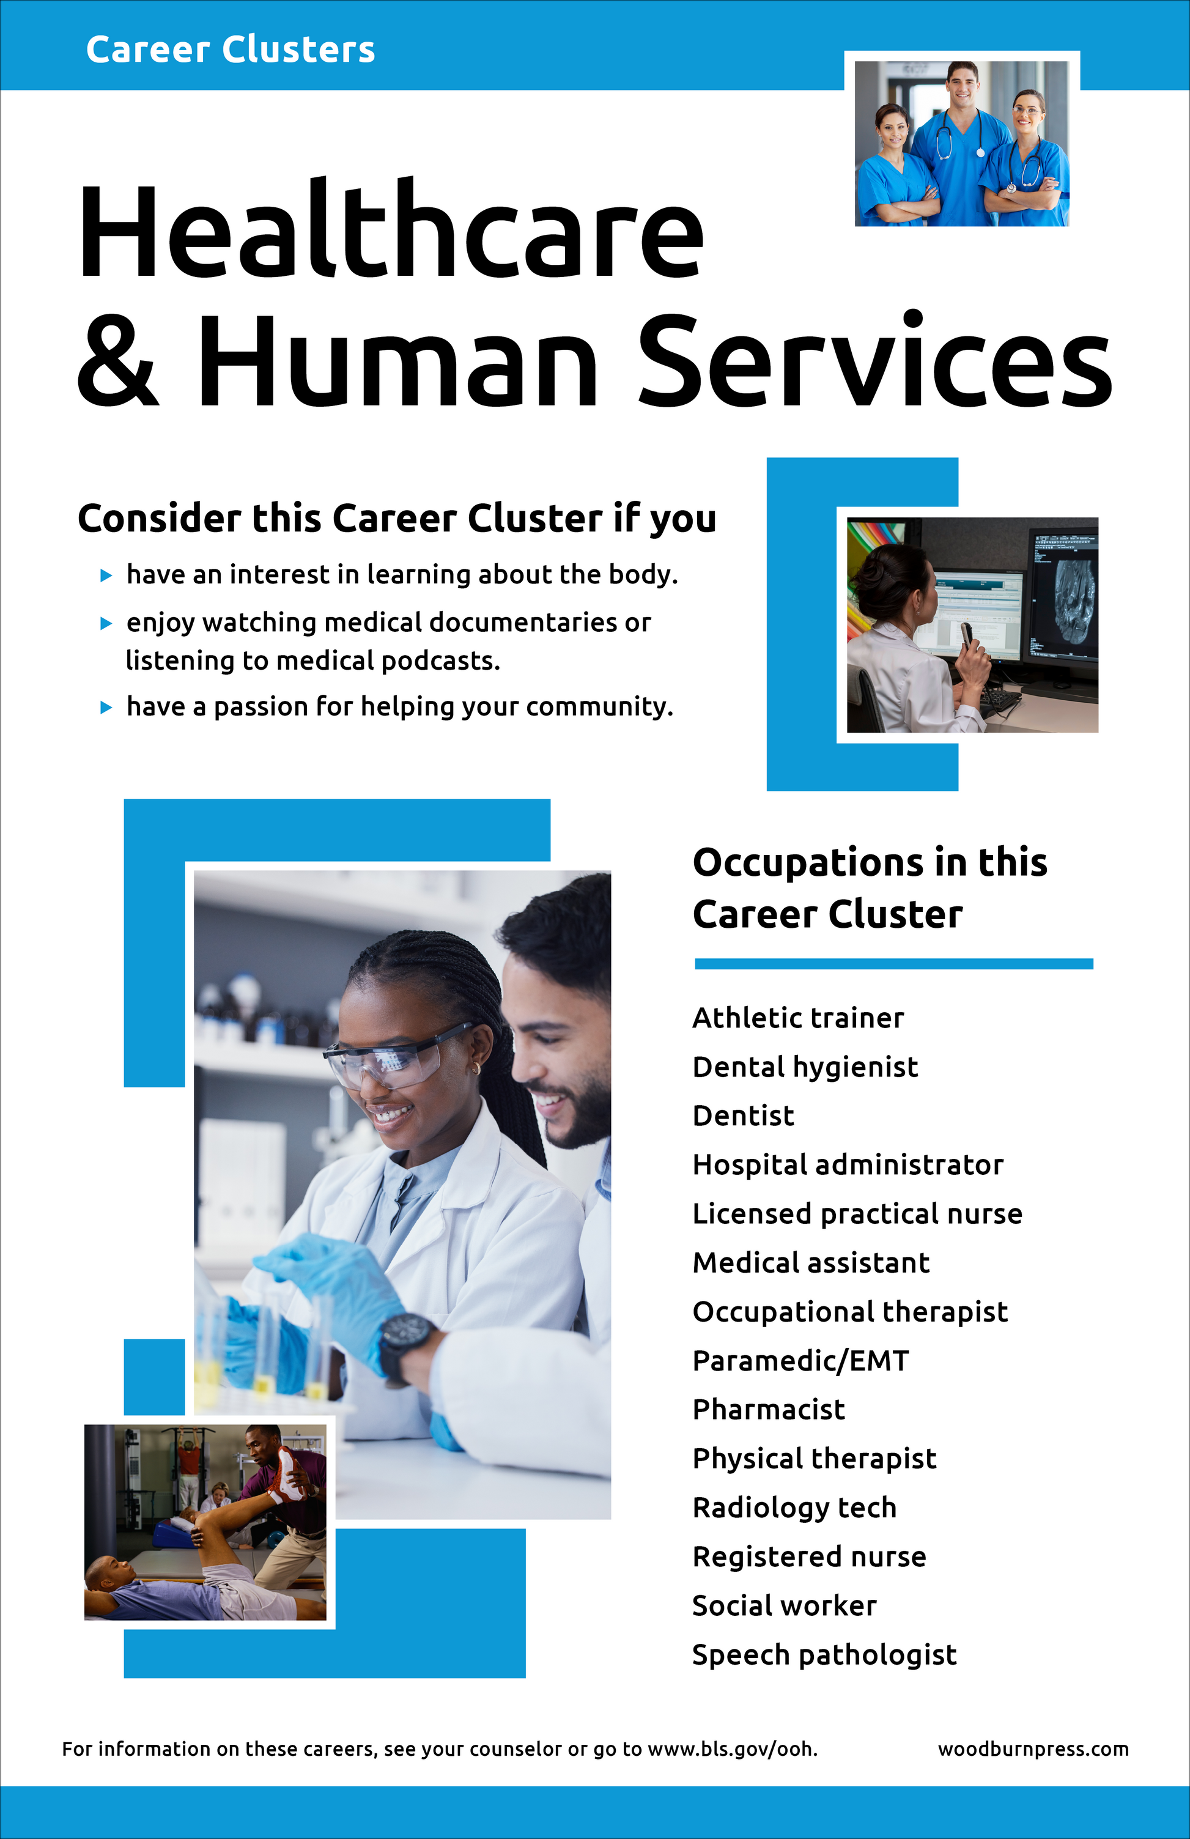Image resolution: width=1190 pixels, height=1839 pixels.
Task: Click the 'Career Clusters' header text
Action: [x=231, y=50]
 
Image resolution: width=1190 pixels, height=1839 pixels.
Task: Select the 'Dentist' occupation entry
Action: [x=742, y=1116]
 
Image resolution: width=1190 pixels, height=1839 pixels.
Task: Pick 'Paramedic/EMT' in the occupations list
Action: [x=800, y=1361]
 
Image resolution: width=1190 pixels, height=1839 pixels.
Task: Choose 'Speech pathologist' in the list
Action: [x=824, y=1654]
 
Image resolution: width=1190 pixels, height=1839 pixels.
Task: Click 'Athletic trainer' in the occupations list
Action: [x=797, y=1018]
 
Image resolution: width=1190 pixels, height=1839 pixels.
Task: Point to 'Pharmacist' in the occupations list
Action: [x=768, y=1410]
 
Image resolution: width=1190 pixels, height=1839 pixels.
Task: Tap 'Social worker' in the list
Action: [x=785, y=1605]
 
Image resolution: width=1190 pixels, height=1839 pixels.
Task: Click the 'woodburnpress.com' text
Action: [x=1032, y=1748]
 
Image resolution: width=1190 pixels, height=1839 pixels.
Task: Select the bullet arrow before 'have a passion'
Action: [x=106, y=707]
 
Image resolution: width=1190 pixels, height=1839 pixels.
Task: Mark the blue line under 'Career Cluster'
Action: [x=893, y=964]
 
